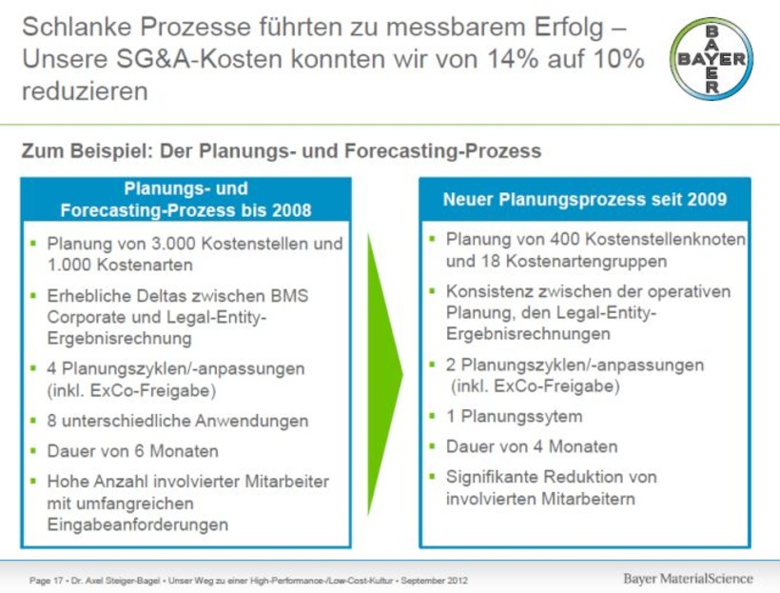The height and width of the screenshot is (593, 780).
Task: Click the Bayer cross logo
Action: pos(712,59)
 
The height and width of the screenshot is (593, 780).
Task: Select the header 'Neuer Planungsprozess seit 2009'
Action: pos(585,200)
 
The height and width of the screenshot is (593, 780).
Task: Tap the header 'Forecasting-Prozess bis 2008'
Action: pos(185,209)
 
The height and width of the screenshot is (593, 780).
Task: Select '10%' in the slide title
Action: pos(612,59)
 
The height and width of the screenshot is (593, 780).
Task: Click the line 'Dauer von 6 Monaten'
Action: pos(133,451)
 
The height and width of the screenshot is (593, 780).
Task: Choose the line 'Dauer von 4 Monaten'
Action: pos(532,446)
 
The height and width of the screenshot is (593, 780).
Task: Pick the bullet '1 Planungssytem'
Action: pos(515,416)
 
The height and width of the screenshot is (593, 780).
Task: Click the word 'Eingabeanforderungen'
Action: pos(138,524)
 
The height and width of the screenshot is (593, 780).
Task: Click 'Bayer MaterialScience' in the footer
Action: pos(688,579)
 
